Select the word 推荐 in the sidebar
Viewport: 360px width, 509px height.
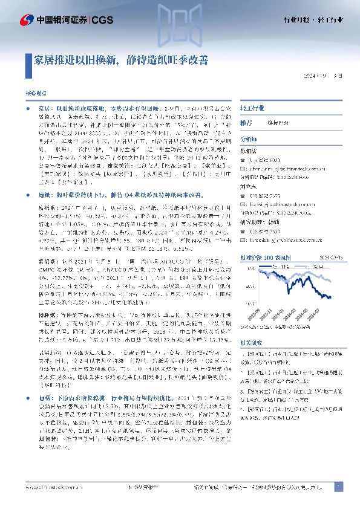point(246,122)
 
